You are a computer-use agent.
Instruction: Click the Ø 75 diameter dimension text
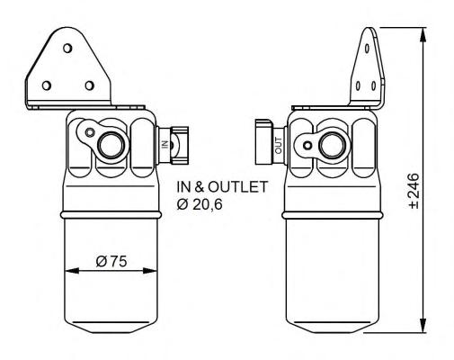coord(111,261)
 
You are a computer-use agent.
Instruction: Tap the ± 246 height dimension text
coord(414,191)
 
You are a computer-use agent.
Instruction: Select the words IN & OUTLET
coord(222,187)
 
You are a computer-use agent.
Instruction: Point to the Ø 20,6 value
coord(200,204)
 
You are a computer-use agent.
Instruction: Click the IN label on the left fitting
coord(165,144)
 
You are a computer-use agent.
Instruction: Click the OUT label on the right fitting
coord(279,146)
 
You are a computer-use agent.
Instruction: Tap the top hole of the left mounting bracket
coord(67,48)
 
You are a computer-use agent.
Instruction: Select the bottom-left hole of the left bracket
coord(47,85)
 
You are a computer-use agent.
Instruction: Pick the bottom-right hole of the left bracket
coord(89,85)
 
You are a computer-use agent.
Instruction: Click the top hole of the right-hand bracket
coord(368,49)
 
